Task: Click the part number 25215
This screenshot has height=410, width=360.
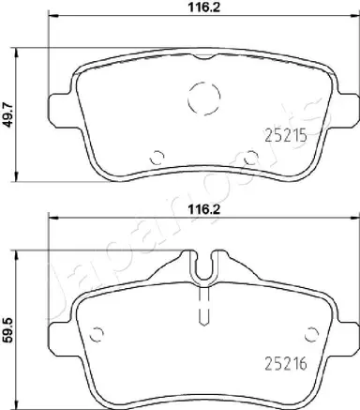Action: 286,136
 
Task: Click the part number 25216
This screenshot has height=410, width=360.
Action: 286,363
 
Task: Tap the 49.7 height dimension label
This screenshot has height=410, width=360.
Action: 8,114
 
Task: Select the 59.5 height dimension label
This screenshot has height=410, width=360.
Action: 8,329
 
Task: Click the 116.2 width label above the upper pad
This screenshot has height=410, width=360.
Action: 204,8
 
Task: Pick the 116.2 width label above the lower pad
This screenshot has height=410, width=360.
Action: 204,209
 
